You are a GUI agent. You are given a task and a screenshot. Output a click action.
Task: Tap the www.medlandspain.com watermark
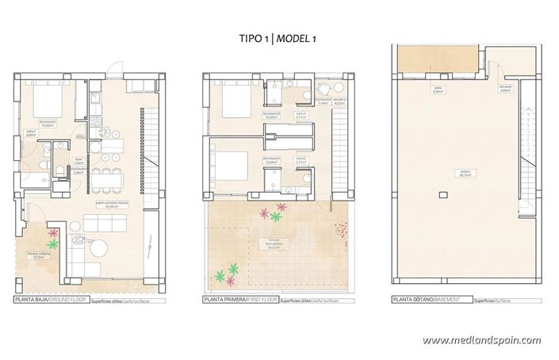[x=481, y=340]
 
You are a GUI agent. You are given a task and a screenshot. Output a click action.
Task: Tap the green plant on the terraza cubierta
[x=52, y=245]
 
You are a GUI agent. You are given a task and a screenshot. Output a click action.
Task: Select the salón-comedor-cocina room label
[x=112, y=205]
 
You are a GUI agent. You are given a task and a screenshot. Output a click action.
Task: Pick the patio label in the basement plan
[x=438, y=90]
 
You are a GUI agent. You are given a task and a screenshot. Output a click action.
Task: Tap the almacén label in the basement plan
[x=505, y=90]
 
